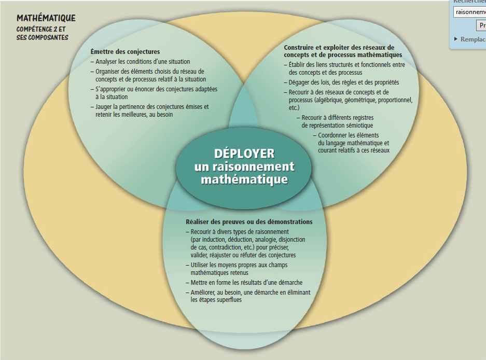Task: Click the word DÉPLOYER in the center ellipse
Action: click(244, 154)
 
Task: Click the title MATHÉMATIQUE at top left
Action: click(46, 18)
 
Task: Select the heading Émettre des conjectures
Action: click(125, 52)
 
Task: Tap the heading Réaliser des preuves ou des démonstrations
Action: click(249, 222)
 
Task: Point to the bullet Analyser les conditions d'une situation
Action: click(143, 62)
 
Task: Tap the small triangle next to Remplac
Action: click(456, 39)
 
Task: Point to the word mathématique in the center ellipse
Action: click(244, 179)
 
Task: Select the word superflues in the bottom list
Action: click(225, 300)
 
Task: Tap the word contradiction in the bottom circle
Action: click(212, 247)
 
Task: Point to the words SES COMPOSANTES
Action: click(43, 37)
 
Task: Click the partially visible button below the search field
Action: click(481, 25)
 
